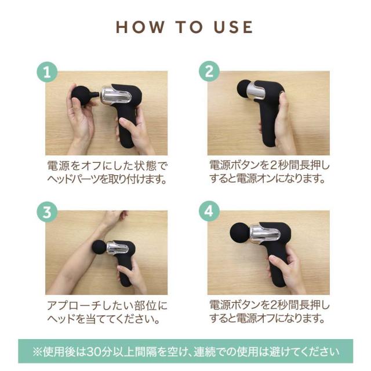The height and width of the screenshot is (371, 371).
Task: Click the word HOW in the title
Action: pos(140,27)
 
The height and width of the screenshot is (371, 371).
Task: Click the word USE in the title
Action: pos(233,27)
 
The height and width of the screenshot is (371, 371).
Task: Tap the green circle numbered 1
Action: pos(47,72)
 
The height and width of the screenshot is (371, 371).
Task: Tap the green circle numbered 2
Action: pos(209,71)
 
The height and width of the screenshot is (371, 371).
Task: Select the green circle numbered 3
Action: pos(47,212)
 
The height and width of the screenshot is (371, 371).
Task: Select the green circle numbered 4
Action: pos(209,211)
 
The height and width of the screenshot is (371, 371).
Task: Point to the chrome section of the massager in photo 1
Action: pos(116,95)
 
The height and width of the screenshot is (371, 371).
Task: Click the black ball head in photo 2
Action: pos(243,88)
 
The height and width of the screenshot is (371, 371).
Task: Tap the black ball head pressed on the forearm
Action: pos(99,248)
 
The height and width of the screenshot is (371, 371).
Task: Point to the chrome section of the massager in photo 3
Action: pos(117,248)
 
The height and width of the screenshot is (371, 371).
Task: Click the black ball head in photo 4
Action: pos(240,233)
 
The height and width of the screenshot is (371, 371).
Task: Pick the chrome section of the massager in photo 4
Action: pos(265,234)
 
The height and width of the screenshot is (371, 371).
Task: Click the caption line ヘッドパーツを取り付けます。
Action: pos(107,180)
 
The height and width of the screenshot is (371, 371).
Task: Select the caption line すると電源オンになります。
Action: pos(267,179)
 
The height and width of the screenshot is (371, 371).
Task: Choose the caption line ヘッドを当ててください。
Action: pos(104,319)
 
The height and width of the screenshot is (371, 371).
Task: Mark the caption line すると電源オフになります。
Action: pos(267,318)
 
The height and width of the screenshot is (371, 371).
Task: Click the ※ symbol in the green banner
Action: pos(37,352)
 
